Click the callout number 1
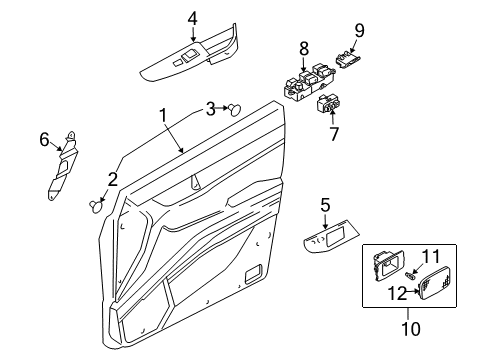click(x=163, y=115)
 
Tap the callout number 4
click(x=193, y=19)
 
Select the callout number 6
click(x=44, y=140)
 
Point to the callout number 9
click(x=359, y=31)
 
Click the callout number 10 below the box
click(x=411, y=329)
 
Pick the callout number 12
click(x=397, y=294)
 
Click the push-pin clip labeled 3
click(x=235, y=109)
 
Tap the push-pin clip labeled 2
click(x=95, y=206)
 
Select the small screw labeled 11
click(x=411, y=276)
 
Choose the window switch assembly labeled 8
click(x=308, y=83)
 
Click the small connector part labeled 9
click(x=347, y=59)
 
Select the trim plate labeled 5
click(x=331, y=237)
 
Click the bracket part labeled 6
click(x=62, y=166)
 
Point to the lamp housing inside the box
click(x=388, y=266)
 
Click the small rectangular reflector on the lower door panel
click(x=253, y=274)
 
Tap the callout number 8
click(x=304, y=49)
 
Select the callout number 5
click(x=325, y=205)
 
